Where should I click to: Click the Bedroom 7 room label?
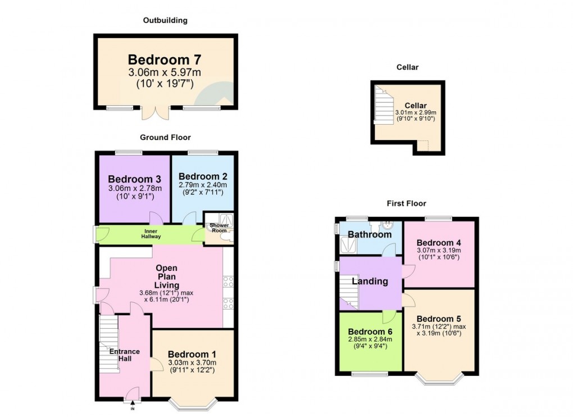point(164,60)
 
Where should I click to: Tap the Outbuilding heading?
point(165,20)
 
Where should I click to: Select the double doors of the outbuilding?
point(154,112)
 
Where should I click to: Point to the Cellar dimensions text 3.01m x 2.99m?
point(416,113)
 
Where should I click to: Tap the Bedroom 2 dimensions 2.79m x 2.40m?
point(203,185)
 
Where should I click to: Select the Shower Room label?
point(219,228)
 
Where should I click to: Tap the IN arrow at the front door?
point(133,402)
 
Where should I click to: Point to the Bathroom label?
point(369,234)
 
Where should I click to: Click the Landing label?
point(370,281)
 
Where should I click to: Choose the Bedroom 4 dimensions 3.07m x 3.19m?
point(439,251)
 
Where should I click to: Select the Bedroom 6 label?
point(370,332)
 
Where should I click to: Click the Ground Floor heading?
point(165,137)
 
